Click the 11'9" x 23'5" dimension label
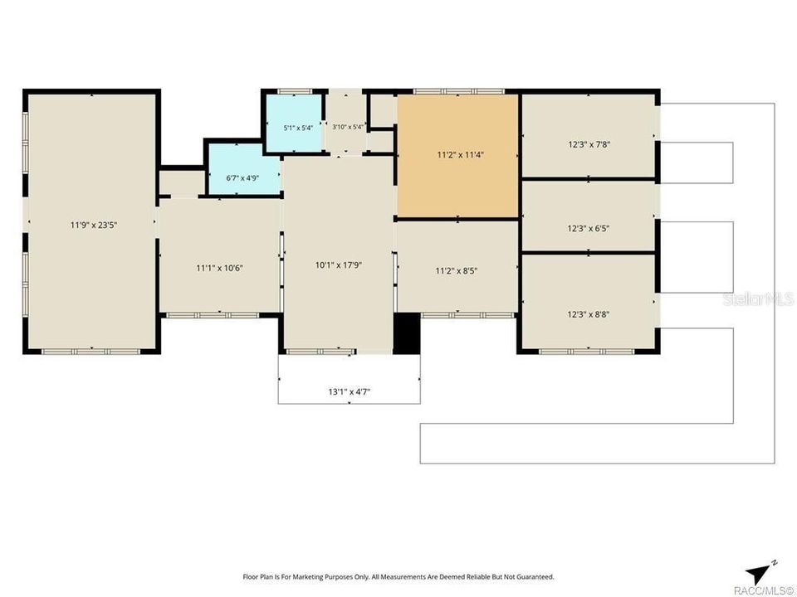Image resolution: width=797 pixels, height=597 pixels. (x=94, y=225)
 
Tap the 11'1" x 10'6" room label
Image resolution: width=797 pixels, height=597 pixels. (x=219, y=268)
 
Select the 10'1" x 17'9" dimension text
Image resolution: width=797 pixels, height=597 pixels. (x=339, y=265)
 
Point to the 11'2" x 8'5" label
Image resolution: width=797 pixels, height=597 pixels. (x=457, y=271)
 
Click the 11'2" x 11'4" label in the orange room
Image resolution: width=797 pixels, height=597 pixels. (x=461, y=155)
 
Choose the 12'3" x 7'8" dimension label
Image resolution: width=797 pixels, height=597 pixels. (x=589, y=144)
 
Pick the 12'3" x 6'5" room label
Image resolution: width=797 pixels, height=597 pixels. (x=588, y=229)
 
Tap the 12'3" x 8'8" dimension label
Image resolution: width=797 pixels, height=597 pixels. (x=588, y=314)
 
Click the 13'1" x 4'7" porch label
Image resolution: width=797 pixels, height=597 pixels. (x=350, y=391)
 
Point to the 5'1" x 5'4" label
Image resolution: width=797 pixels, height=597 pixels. (x=298, y=128)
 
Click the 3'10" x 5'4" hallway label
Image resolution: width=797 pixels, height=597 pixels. (x=348, y=127)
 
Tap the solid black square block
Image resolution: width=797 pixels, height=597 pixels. (x=407, y=333)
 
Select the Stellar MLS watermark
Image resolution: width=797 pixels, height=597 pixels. (x=758, y=298)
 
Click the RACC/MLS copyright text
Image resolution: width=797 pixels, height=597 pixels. (x=764, y=590)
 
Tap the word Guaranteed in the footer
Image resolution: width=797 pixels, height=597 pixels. (x=536, y=577)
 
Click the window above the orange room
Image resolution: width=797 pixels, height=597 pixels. (x=458, y=92)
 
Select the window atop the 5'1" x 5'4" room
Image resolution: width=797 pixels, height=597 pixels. (x=295, y=92)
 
